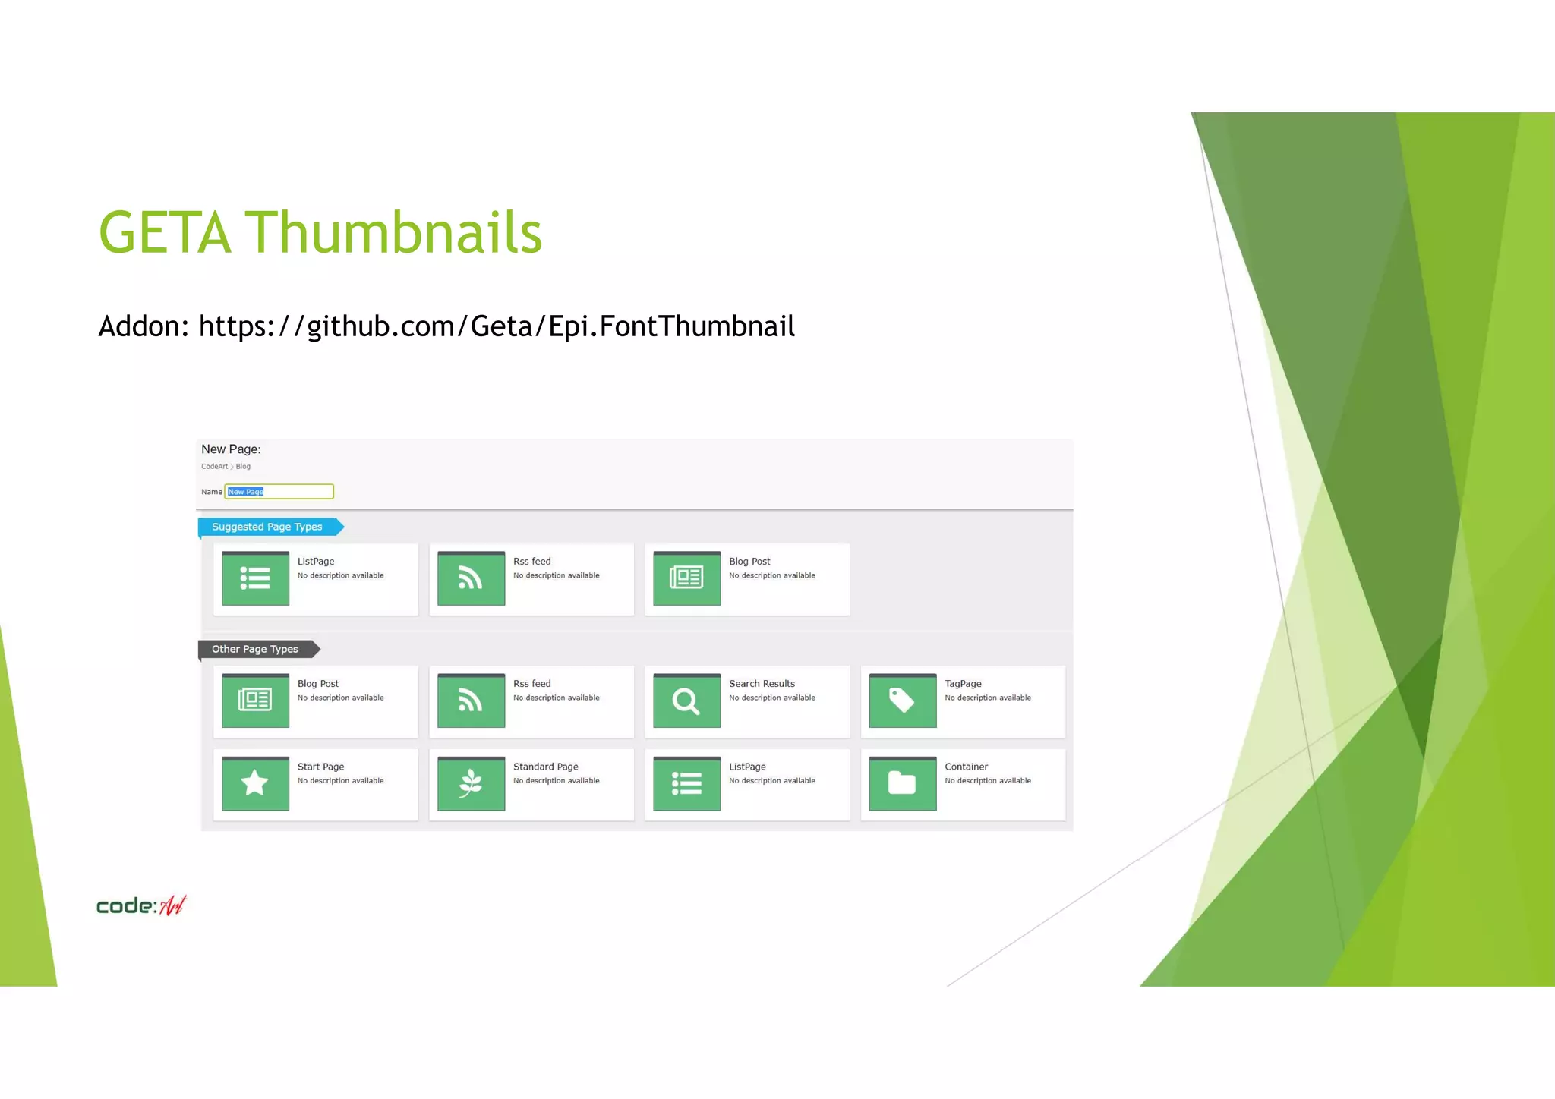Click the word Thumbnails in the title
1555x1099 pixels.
coord(393,233)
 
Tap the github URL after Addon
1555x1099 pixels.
coord(497,326)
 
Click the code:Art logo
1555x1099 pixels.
coord(141,905)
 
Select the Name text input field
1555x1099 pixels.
coord(279,492)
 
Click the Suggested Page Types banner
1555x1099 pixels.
coord(267,527)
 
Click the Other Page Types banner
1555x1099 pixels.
coord(255,649)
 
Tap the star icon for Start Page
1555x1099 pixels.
coord(255,783)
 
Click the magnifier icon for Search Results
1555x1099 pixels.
coord(686,701)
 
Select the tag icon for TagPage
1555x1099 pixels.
coord(902,701)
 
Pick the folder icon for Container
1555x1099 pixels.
coord(902,783)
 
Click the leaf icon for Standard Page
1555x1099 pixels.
coord(471,783)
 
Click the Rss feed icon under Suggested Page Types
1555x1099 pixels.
coord(471,578)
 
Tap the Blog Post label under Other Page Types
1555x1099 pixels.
coord(318,684)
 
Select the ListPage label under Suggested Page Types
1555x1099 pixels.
coord(316,562)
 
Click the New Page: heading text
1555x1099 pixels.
coord(231,449)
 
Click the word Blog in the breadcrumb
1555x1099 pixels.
coord(243,467)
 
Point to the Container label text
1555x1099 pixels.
coord(966,767)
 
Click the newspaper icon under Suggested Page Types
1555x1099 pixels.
coord(686,578)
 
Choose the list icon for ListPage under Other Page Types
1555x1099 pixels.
coord(686,783)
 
